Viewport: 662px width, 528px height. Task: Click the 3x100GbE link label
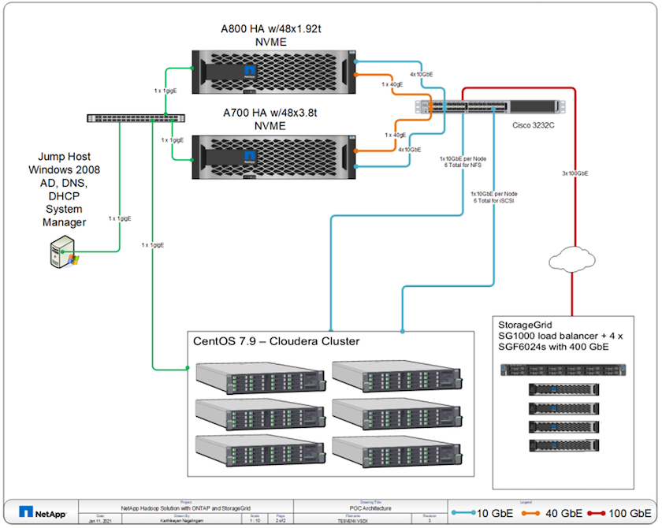(x=576, y=173)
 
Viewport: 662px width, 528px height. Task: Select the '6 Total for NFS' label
(x=463, y=165)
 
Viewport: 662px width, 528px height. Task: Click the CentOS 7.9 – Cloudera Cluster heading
(x=277, y=340)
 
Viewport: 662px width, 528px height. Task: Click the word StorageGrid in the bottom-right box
(x=524, y=324)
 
